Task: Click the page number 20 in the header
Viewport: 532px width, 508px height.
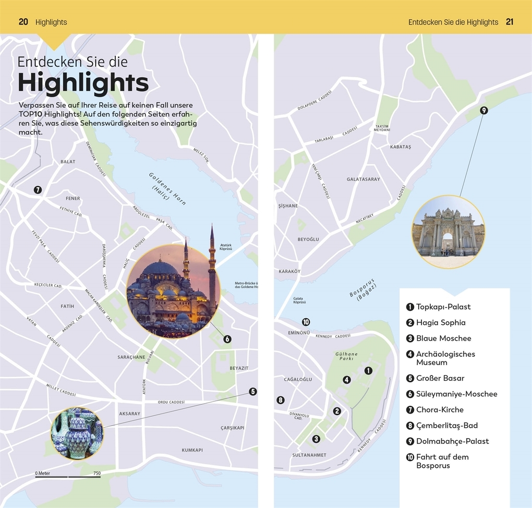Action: (x=23, y=22)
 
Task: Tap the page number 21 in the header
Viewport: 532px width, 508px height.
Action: (x=510, y=22)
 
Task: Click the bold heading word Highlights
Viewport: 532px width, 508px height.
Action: (x=83, y=83)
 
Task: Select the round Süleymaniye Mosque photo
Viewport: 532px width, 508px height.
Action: (x=173, y=291)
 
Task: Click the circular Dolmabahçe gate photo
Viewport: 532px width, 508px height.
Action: (x=448, y=232)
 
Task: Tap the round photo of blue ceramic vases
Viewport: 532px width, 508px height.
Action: (x=77, y=433)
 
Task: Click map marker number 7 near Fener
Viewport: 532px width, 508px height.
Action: (x=38, y=190)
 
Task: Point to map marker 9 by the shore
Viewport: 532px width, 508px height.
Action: (x=483, y=110)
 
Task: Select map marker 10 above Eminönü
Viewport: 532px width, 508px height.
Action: (x=306, y=322)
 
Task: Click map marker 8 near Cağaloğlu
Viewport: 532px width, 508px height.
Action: (x=281, y=400)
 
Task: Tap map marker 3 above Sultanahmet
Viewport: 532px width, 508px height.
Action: (x=316, y=439)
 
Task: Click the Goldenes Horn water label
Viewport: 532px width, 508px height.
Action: (x=167, y=188)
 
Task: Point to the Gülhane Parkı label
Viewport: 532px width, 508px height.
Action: (x=346, y=356)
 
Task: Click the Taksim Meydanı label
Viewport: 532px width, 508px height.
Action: (x=382, y=128)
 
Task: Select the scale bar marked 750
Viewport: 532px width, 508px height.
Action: (x=68, y=476)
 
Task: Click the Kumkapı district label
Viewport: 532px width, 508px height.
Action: (x=192, y=450)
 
